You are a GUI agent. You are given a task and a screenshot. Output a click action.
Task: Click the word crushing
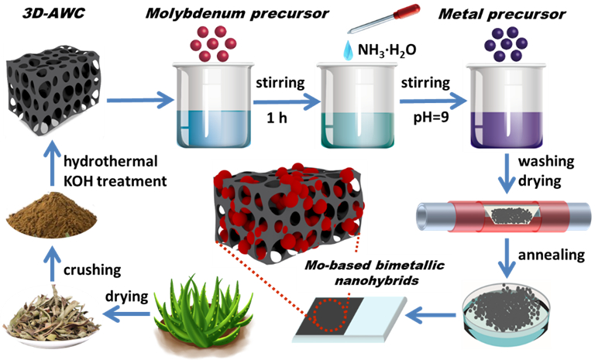97,269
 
